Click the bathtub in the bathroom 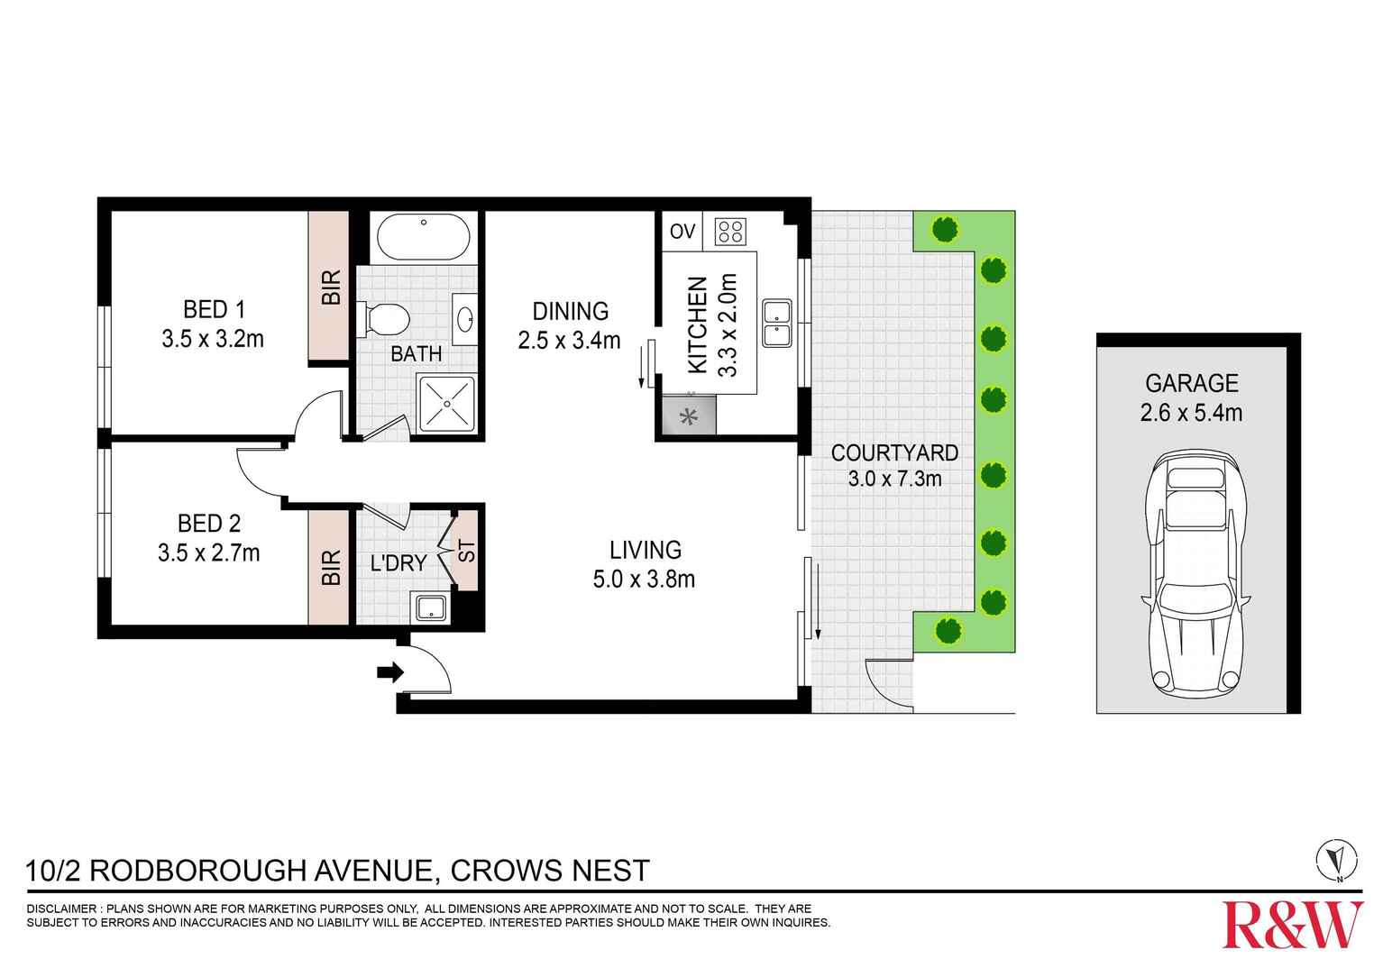(423, 237)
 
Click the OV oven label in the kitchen (682, 232)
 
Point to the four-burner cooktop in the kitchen (729, 232)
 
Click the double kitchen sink (776, 324)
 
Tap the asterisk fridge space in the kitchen (690, 417)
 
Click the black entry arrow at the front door (390, 671)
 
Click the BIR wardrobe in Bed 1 (329, 287)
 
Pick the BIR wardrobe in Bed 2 (329, 567)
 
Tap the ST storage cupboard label (466, 551)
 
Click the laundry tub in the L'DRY (430, 607)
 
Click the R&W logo (1292, 924)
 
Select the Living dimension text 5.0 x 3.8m (644, 580)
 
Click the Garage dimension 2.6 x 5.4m (1191, 413)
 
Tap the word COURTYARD (894, 452)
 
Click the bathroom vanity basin (466, 318)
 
